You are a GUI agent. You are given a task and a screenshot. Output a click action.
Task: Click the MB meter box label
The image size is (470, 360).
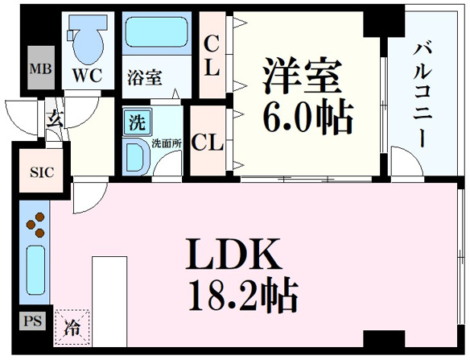point(41,69)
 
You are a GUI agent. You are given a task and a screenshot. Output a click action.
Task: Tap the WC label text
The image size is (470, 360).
point(88,75)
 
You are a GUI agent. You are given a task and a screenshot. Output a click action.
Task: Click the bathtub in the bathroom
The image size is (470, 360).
point(156,32)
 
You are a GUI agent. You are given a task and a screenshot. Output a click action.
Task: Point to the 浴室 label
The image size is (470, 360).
point(145,77)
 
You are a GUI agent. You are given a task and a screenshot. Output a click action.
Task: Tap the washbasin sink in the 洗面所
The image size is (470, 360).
point(136,157)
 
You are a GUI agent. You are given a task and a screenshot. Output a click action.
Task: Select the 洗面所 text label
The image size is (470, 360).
point(167,143)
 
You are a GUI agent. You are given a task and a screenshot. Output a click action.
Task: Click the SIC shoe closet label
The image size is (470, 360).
point(42,172)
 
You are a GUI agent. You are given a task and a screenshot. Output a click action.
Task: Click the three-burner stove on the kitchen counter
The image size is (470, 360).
point(35,225)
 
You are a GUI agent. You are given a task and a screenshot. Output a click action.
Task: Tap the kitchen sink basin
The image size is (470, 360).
point(35,270)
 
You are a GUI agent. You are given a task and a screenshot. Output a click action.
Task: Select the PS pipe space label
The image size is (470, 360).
point(33,321)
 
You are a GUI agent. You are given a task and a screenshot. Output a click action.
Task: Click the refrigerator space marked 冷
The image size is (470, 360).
point(72,328)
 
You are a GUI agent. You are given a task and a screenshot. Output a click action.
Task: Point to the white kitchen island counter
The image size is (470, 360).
point(109,301)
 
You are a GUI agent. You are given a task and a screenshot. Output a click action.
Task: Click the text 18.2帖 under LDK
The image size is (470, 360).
point(243,295)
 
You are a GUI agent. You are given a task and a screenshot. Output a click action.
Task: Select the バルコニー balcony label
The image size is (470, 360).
point(423,95)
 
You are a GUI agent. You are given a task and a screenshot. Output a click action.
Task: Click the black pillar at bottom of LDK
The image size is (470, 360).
point(384,339)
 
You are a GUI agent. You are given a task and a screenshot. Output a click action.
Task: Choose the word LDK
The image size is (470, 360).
point(233,254)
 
